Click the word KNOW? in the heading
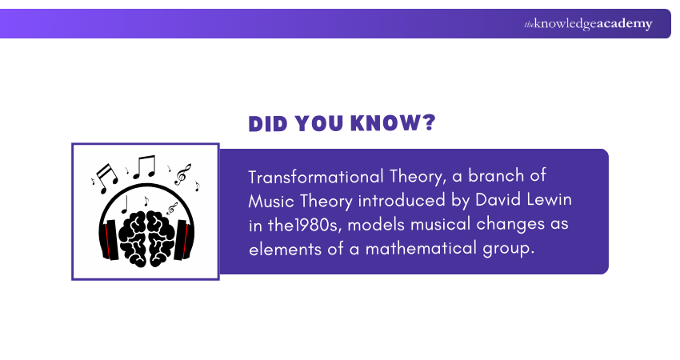point(394,124)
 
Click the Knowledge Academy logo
point(588,24)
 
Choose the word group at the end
point(509,249)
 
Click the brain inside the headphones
point(146,231)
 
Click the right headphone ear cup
point(184,235)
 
